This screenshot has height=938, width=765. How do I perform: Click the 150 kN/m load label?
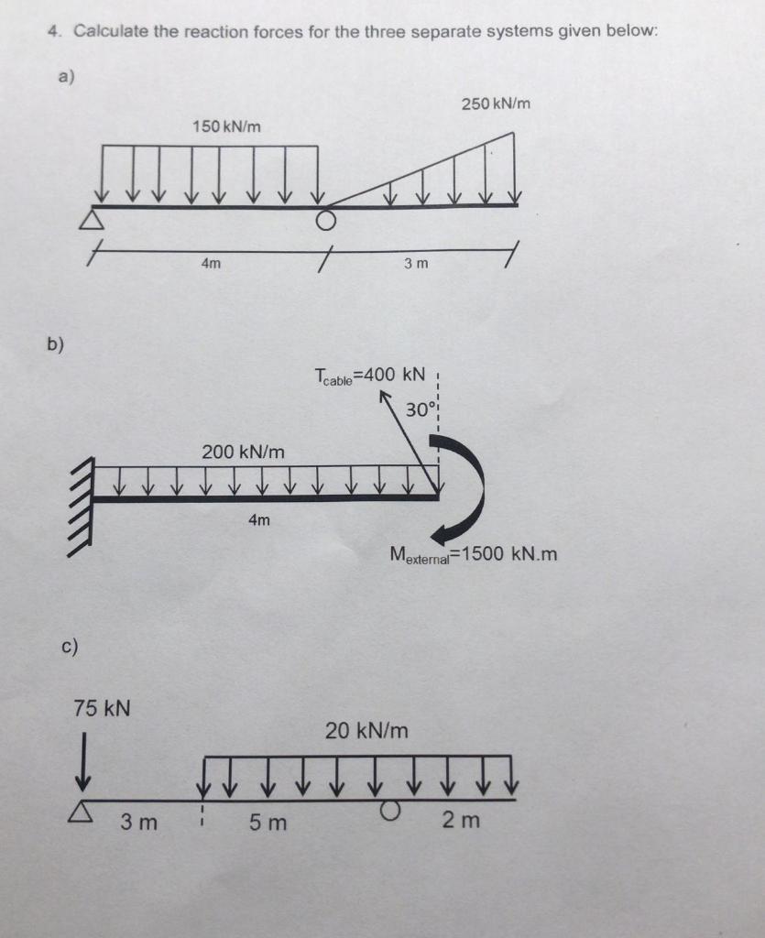tap(225, 125)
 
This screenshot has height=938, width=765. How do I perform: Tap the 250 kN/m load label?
tap(496, 104)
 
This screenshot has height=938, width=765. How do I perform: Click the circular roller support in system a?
tap(324, 220)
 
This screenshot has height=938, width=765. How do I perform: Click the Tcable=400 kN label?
tap(369, 376)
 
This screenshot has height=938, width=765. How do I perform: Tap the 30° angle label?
tap(418, 409)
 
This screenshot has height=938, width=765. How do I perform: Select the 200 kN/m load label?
tap(243, 452)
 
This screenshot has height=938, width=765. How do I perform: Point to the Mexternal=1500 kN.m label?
tap(473, 554)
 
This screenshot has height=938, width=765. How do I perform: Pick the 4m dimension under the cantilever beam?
tap(259, 520)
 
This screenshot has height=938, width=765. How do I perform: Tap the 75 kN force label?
tap(102, 708)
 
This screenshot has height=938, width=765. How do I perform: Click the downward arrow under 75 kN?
tap(83, 759)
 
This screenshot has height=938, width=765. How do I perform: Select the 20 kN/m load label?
tap(366, 731)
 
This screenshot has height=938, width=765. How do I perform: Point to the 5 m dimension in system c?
tap(268, 823)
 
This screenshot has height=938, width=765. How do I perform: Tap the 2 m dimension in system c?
tap(460, 821)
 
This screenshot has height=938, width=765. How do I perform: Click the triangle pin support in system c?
tap(83, 811)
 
